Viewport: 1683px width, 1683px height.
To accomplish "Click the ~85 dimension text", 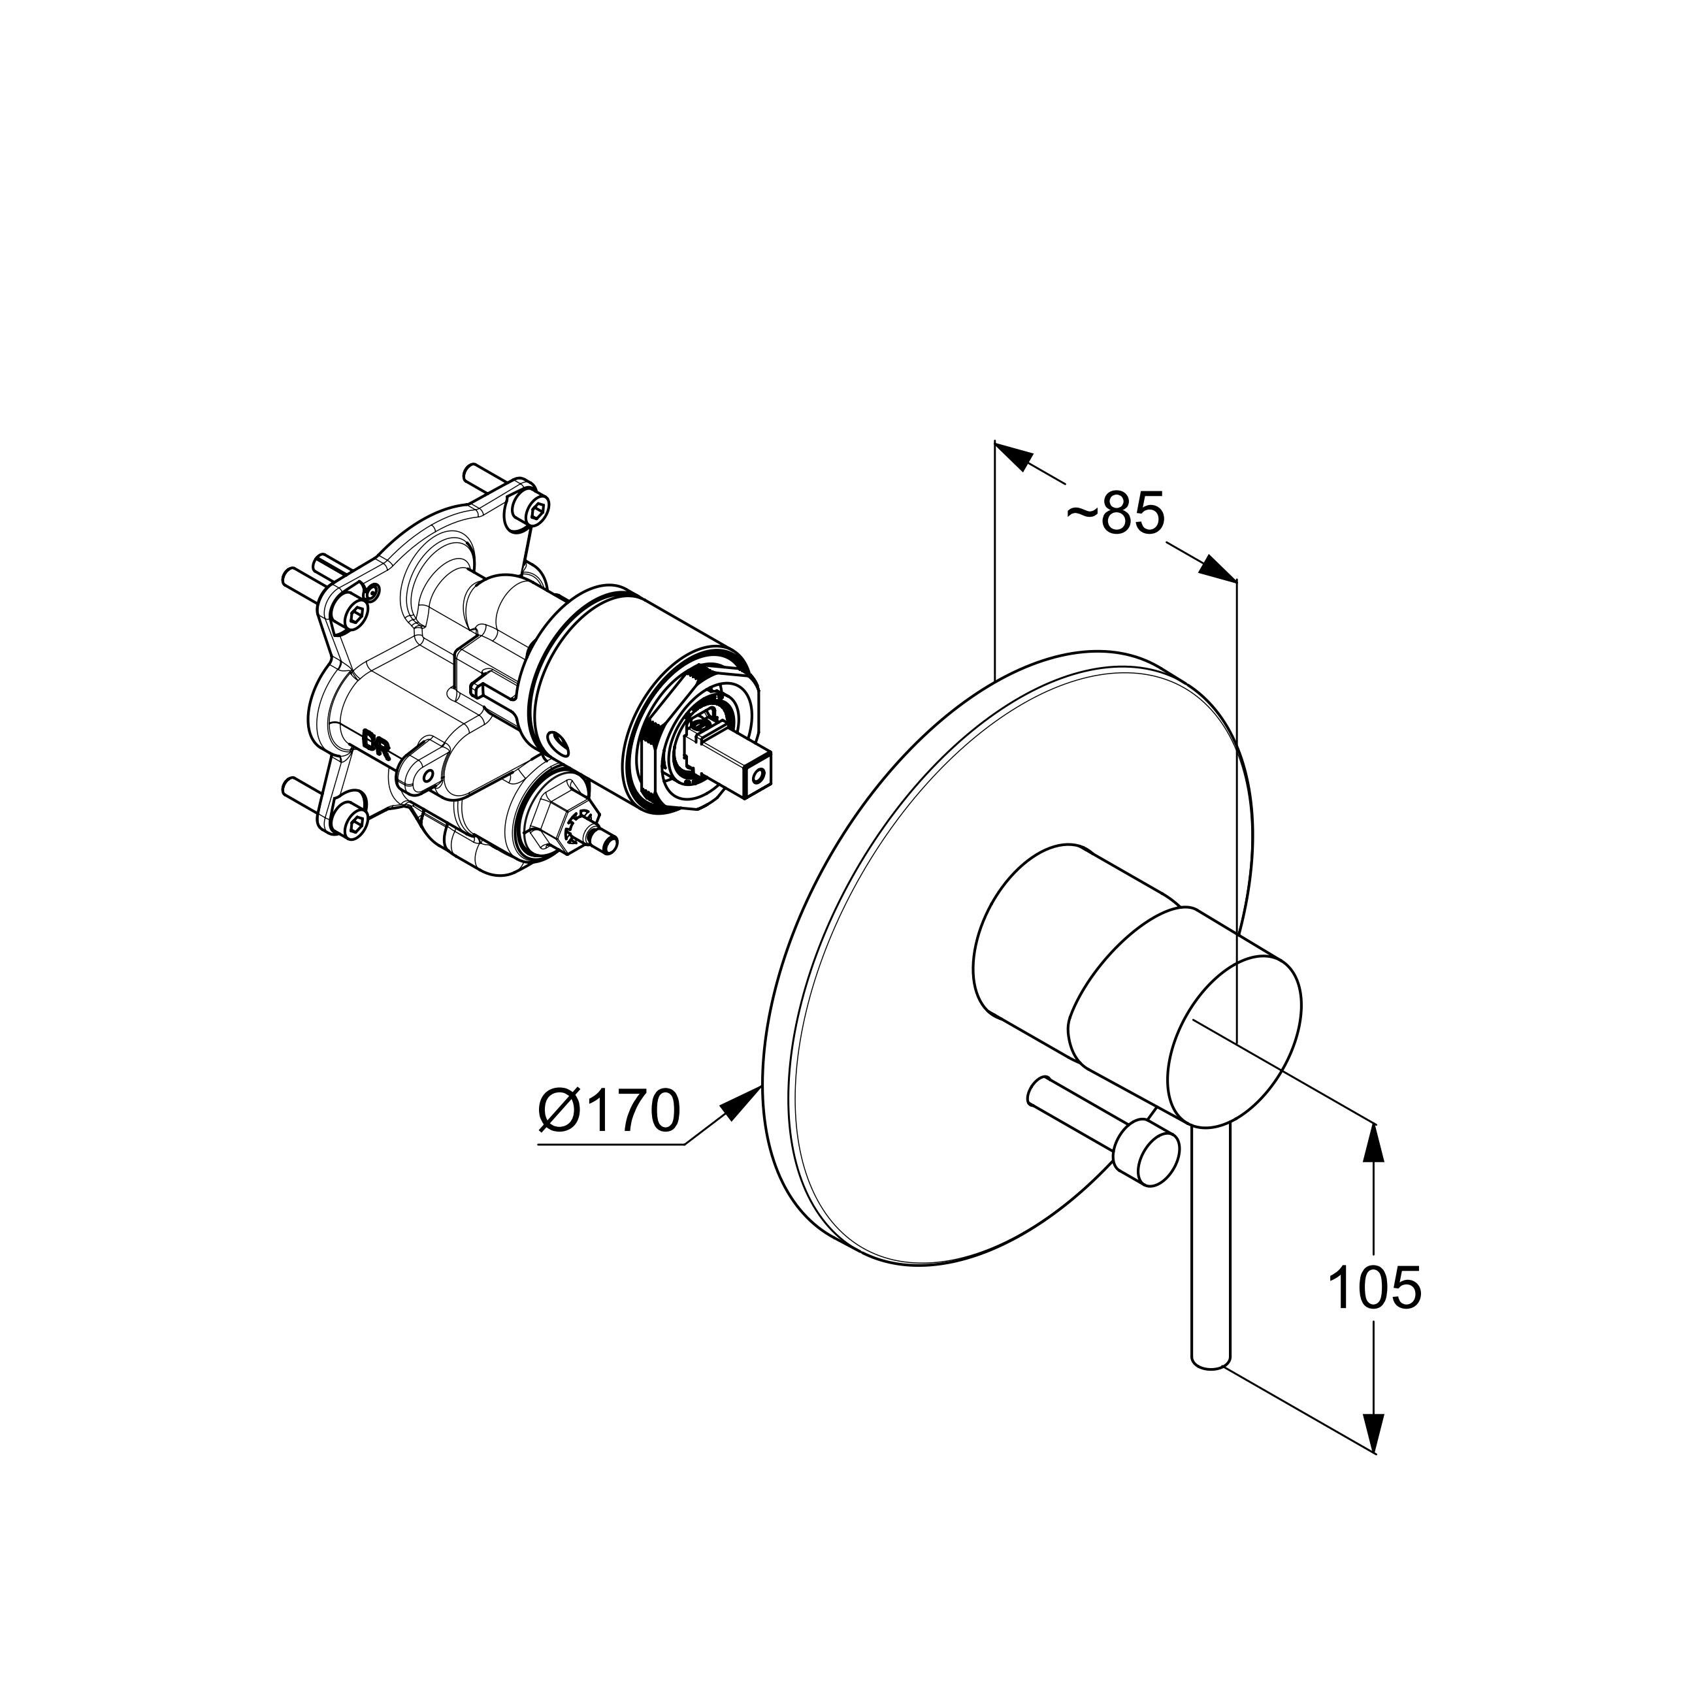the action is [1116, 514].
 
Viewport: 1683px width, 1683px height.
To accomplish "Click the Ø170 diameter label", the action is [608, 1111].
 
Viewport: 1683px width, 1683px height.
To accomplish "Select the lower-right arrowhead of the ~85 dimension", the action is [1217, 567].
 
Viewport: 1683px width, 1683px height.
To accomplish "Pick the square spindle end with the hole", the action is [760, 773].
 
